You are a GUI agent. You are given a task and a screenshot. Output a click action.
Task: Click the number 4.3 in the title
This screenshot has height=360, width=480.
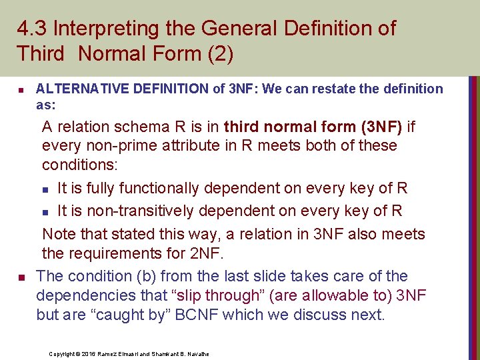pyautogui.click(x=31, y=29)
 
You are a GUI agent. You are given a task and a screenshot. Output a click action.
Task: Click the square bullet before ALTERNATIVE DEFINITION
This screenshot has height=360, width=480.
pyautogui.click(x=21, y=90)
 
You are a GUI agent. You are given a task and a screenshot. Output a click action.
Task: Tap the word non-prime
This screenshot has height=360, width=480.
pyautogui.click(x=116, y=145)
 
